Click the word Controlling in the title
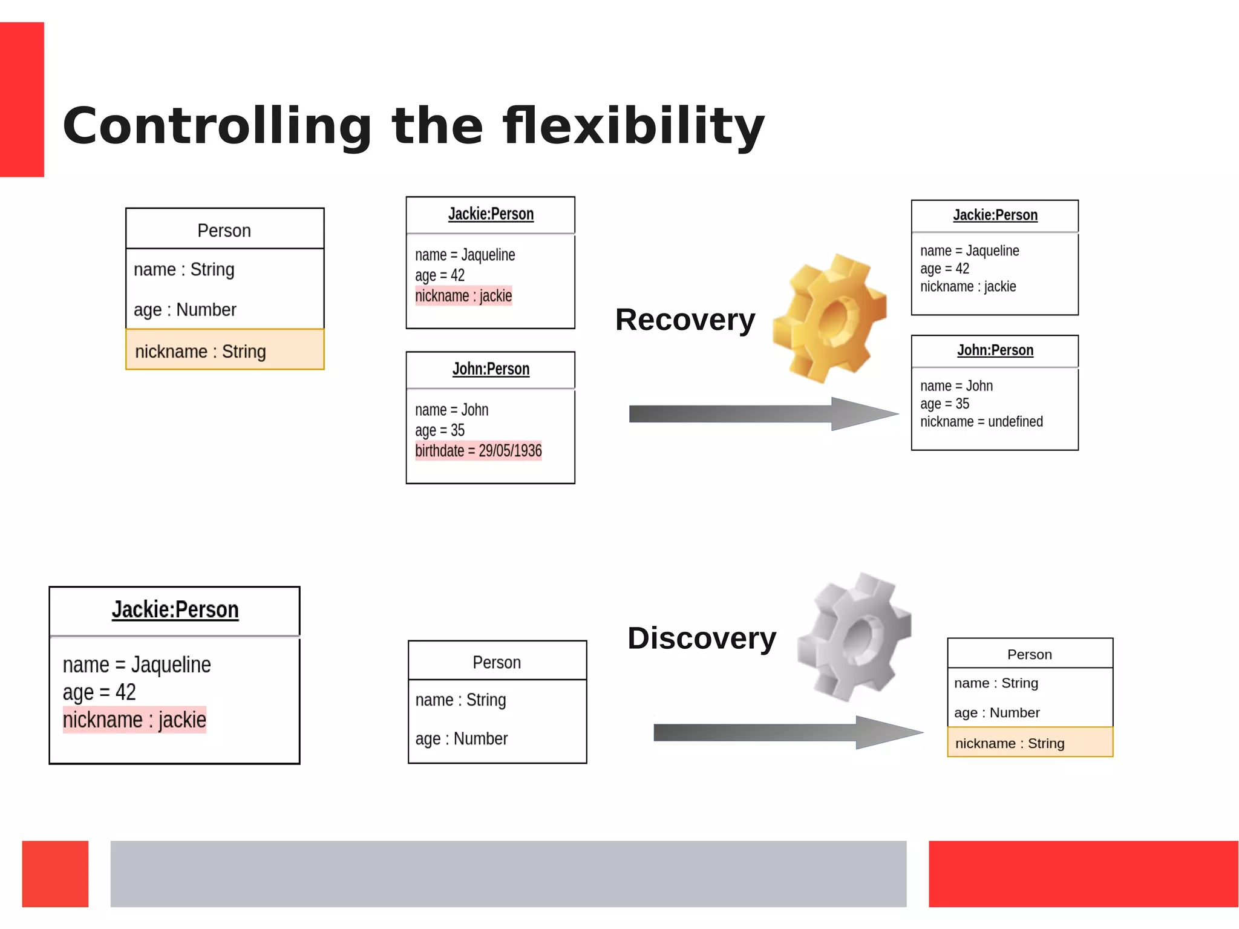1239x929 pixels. [217, 126]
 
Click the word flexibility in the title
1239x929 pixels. [633, 126]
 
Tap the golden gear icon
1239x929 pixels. [830, 318]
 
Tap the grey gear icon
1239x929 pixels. [854, 637]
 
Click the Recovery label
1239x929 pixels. [685, 320]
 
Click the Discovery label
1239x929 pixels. [702, 638]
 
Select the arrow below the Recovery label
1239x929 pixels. [762, 414]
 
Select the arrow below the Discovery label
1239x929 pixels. [786, 732]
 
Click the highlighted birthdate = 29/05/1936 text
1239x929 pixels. [478, 451]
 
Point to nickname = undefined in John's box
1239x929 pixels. [981, 422]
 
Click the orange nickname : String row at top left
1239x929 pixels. [224, 350]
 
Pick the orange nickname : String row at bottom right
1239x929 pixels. [1030, 743]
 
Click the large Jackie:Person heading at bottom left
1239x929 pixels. [175, 609]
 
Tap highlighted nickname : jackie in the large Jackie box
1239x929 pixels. [134, 720]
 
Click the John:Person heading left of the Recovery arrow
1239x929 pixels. [491, 369]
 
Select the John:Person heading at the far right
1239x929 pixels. [995, 350]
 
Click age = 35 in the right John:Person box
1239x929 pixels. [944, 404]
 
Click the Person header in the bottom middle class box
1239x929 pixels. [497, 662]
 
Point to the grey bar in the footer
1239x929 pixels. [508, 873]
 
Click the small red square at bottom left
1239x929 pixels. [55, 873]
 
